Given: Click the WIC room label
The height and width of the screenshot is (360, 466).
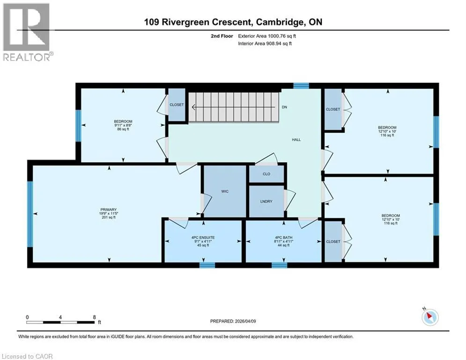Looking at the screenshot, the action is coord(225,191).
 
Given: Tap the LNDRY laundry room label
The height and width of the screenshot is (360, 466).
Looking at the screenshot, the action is coord(266,202).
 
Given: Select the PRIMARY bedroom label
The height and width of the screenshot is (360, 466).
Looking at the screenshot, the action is coord(109,210).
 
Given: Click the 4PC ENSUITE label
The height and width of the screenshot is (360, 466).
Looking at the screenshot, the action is coord(203,237).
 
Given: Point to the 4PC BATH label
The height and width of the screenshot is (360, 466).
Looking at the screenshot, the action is coord(283,237).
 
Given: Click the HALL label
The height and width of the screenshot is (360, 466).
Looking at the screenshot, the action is coord(296,140).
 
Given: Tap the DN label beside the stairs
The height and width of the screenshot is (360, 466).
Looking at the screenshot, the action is coord(284,107).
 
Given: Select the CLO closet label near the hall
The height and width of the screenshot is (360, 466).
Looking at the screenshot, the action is coord(266,174).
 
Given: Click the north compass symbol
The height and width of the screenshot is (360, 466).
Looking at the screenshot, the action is coord(430,317).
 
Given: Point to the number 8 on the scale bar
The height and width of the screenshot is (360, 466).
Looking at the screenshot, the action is coord(95,317).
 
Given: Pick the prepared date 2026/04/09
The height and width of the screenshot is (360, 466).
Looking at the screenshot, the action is coord(245,321).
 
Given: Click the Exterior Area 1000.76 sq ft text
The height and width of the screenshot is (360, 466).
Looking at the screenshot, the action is coord(267,36).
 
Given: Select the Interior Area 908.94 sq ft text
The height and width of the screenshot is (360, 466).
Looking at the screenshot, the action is coord(265,44).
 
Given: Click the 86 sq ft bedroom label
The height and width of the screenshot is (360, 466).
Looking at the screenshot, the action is coord(123,129).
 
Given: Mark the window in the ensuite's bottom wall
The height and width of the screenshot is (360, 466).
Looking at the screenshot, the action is coord(207,265).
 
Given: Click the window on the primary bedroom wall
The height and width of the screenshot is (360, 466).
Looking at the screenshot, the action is coord(30,214).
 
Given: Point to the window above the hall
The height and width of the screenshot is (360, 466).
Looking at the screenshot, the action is coord(301,86).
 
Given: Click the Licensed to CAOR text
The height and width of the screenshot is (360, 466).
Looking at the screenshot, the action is coord(27,356).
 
